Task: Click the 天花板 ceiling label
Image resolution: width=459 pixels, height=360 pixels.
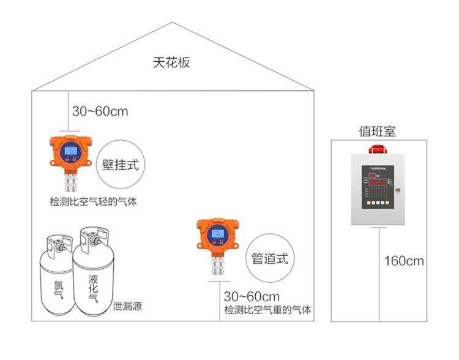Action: coord(171,63)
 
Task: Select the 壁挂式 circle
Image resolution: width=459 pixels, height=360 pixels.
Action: coord(121,163)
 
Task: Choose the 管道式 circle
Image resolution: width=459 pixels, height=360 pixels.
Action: coord(269,258)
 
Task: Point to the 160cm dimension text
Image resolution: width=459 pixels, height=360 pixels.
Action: coord(404,261)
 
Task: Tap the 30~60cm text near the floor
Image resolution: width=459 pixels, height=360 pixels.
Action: coord(252,296)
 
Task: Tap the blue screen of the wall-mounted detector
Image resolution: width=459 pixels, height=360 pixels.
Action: coord(72,150)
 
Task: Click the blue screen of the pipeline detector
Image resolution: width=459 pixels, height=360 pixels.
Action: coord(216,233)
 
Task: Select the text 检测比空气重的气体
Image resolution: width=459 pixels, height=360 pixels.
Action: coord(267,310)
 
